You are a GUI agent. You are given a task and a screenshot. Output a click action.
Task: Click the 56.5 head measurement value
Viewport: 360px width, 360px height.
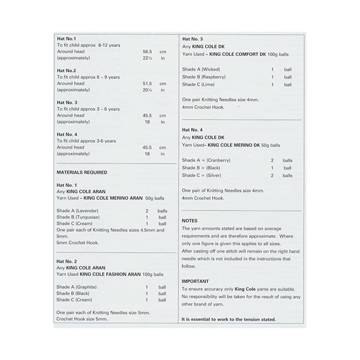pos(147,52)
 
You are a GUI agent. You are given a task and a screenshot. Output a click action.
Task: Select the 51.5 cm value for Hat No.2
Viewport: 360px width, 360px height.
pos(147,84)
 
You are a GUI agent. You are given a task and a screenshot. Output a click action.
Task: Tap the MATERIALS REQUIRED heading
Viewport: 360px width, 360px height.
pos(82,173)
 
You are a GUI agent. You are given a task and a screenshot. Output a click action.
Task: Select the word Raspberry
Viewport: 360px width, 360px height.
pos(213,77)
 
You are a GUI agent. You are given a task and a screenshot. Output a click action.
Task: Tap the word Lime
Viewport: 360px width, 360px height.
pos(208,84)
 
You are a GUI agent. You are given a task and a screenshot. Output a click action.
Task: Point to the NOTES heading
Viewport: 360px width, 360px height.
pos(189,221)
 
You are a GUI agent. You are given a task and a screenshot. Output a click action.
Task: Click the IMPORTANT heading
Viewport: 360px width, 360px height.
pos(195,282)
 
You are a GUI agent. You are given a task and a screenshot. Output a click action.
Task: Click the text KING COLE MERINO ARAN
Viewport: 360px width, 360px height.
pos(114,198)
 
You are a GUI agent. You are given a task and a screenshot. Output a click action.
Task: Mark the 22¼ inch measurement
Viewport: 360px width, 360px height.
pos(147,58)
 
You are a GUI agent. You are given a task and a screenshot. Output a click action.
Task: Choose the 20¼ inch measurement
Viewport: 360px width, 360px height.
pos(147,90)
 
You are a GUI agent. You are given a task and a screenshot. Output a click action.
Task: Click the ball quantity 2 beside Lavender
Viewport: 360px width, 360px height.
pos(147,211)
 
